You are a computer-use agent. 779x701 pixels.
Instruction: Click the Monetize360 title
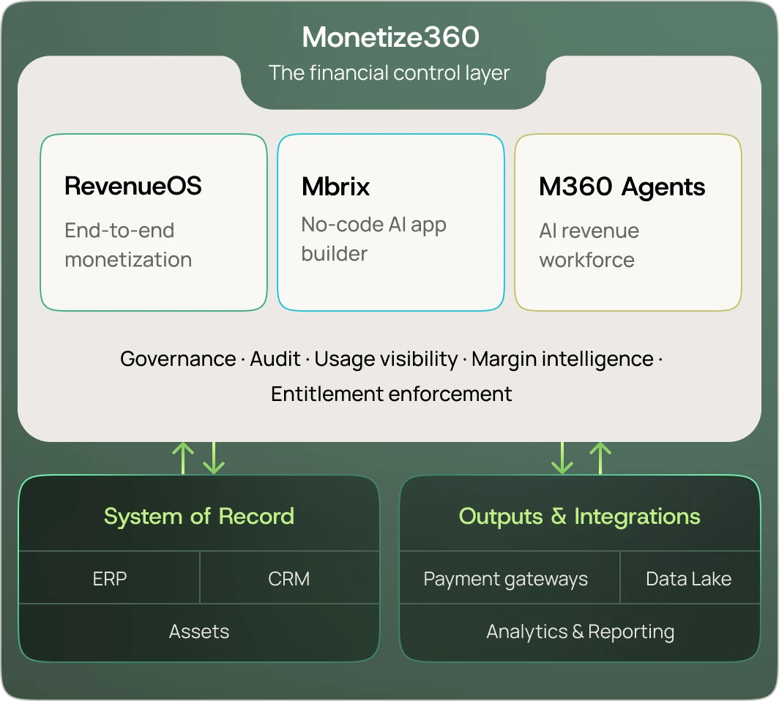[x=390, y=37]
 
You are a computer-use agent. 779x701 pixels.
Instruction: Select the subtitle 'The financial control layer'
[x=389, y=73]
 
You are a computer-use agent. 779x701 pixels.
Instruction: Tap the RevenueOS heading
[x=133, y=186]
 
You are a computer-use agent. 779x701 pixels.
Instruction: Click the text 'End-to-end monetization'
[x=128, y=245]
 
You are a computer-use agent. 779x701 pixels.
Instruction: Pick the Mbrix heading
[x=335, y=186]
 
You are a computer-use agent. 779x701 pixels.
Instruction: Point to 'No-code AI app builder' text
[x=373, y=239]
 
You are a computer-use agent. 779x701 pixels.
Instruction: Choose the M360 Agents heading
[x=622, y=187]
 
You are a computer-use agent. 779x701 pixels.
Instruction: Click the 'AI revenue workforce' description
[x=589, y=245]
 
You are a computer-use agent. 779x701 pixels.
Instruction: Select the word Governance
[x=178, y=359]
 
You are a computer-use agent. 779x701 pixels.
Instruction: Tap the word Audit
[x=275, y=359]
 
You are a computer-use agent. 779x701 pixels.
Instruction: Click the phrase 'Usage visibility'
[x=386, y=359]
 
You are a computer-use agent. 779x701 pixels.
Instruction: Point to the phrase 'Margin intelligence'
[x=562, y=359]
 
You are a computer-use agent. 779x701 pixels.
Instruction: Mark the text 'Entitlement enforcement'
[x=391, y=394]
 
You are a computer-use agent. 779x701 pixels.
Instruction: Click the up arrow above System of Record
[x=182, y=458]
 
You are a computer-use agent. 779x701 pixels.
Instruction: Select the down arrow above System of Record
[x=214, y=458]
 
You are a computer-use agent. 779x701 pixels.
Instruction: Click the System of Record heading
[x=198, y=516]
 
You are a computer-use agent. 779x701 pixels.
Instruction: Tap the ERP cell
[x=110, y=579]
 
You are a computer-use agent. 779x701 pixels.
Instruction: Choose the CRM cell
[x=289, y=579]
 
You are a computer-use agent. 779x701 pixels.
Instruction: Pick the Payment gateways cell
[x=505, y=579]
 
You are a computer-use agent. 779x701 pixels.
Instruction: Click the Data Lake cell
[x=688, y=579]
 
